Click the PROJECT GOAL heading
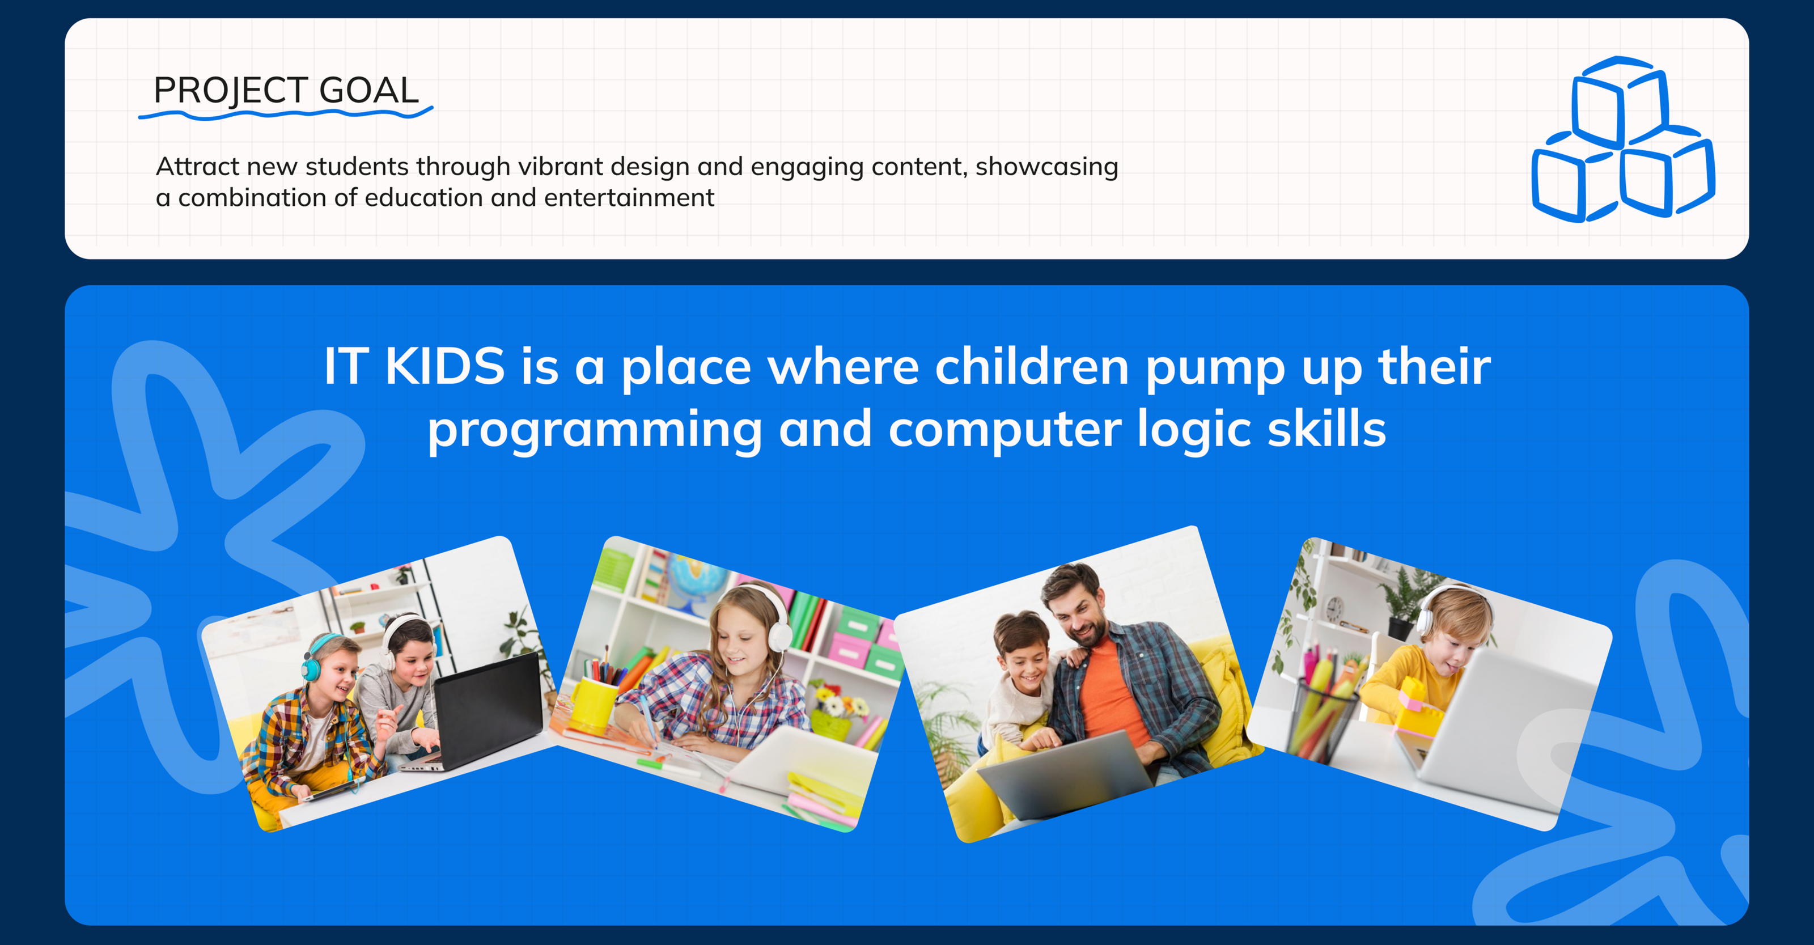(x=286, y=90)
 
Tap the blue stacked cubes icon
(x=1623, y=139)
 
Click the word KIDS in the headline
(x=445, y=366)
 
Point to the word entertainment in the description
(x=630, y=198)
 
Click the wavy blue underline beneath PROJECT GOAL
(x=286, y=113)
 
